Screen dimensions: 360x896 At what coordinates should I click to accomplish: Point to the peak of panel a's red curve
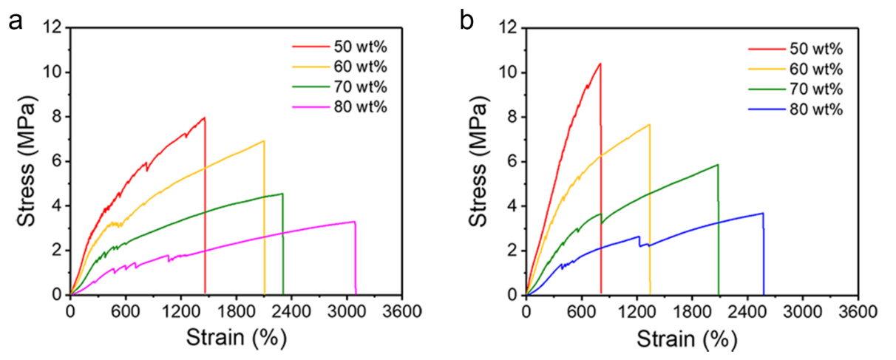[x=204, y=118]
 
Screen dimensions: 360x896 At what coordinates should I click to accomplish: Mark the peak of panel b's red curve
[x=600, y=64]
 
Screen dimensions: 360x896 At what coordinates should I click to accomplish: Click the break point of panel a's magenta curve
[x=355, y=222]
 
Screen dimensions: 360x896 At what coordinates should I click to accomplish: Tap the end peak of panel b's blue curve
[x=762, y=213]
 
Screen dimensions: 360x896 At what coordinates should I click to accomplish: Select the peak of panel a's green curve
[x=282, y=194]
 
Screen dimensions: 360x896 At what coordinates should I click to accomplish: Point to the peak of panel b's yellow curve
[x=649, y=124]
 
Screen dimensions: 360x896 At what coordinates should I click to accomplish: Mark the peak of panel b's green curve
[x=717, y=165]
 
